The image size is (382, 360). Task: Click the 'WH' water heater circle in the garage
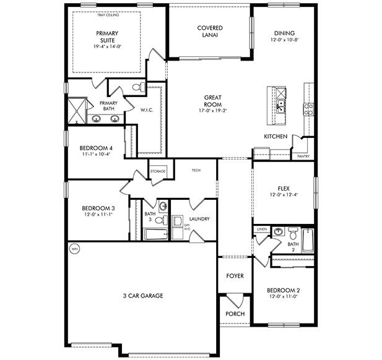[x=75, y=249]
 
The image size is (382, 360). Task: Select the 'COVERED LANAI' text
[x=210, y=32]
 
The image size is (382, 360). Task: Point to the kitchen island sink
[x=280, y=105]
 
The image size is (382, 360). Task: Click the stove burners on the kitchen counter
[x=308, y=109]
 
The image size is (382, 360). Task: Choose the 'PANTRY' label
[x=303, y=156]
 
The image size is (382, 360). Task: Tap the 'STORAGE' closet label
[x=158, y=171]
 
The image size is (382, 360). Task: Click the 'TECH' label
[x=196, y=170]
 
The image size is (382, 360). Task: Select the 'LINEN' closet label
[x=261, y=229]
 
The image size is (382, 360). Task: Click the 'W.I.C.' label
[x=147, y=111]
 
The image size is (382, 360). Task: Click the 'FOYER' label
[x=235, y=275]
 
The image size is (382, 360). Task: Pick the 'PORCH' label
[x=235, y=314]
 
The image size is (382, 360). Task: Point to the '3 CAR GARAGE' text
[x=142, y=296]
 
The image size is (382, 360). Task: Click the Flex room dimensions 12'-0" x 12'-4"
[x=284, y=195]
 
